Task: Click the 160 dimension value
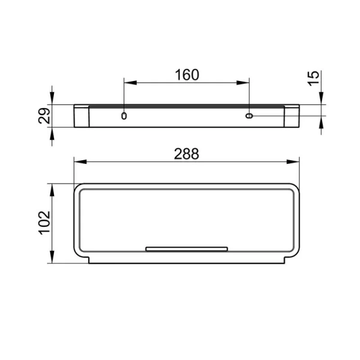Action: coord(186,76)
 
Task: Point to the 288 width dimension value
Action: coord(186,154)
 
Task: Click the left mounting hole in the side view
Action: coord(124,115)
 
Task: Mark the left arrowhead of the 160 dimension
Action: coord(128,82)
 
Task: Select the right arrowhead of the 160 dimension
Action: coord(245,82)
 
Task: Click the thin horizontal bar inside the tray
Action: coord(187,248)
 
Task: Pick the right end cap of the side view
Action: coord(292,116)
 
